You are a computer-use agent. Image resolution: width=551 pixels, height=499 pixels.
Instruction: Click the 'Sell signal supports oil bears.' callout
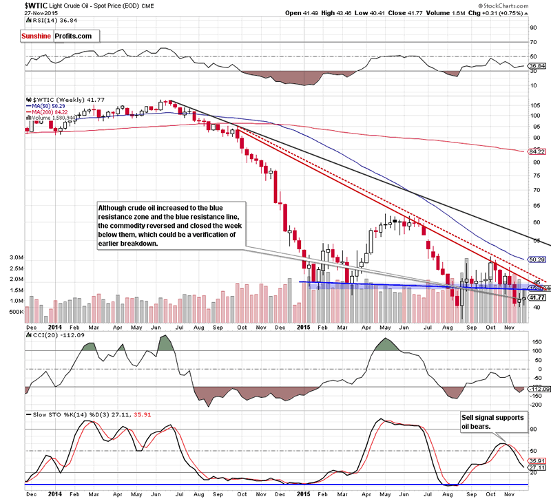(490, 422)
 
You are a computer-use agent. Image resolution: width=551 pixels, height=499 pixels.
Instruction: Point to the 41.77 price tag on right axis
(537, 298)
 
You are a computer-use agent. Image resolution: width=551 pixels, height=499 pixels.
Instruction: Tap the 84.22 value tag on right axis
(536, 151)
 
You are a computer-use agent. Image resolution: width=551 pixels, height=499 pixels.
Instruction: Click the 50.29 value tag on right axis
(536, 259)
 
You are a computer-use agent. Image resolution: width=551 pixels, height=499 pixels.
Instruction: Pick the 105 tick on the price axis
(532, 105)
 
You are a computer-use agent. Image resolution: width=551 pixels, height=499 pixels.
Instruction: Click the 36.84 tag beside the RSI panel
(536, 66)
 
